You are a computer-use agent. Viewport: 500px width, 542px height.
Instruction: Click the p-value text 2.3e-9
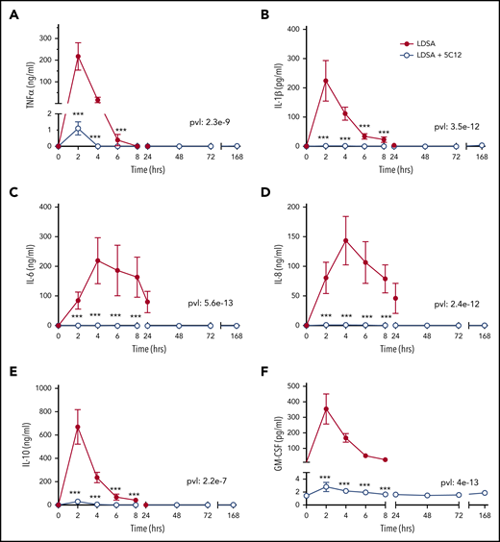click(206, 124)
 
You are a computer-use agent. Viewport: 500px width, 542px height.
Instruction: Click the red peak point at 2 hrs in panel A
click(78, 56)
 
